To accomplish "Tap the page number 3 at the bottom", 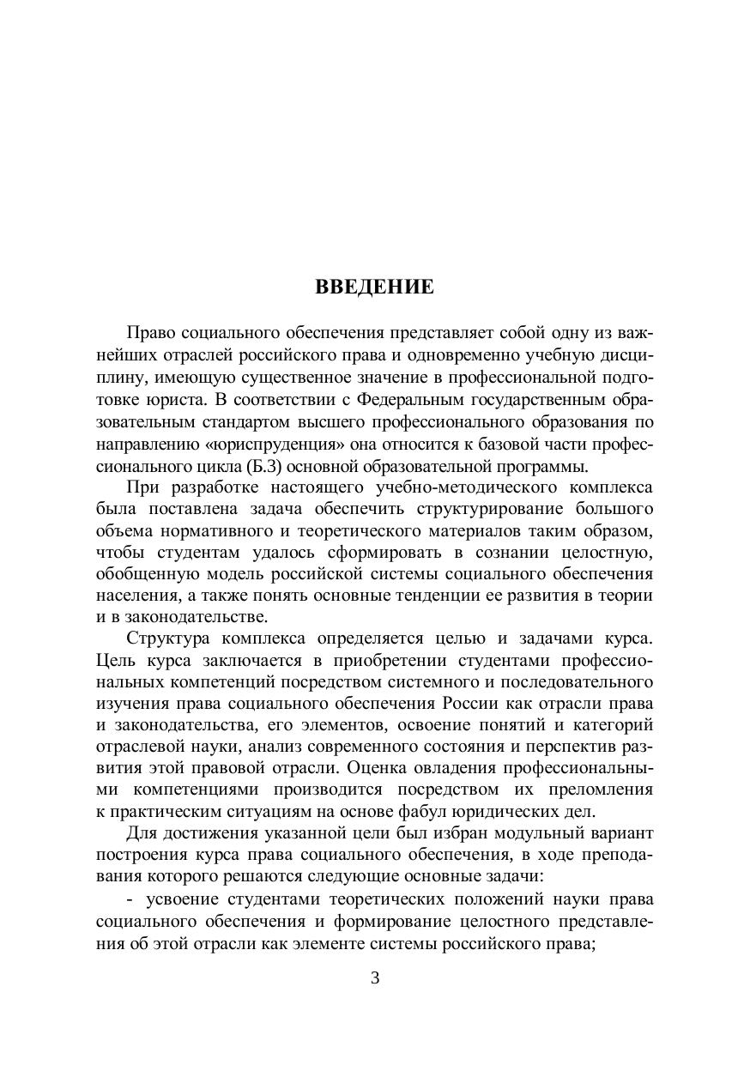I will (375, 978).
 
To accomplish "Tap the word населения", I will (131, 596).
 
